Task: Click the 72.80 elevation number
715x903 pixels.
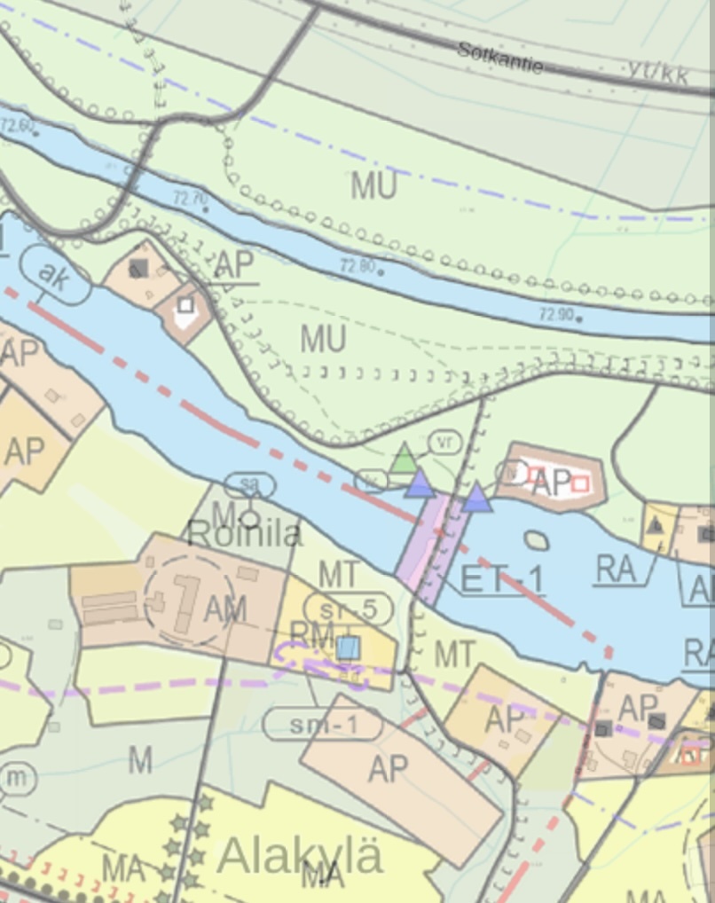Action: [x=357, y=264]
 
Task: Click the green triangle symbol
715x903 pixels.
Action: [x=405, y=459]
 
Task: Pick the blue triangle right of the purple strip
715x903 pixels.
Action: [x=477, y=499]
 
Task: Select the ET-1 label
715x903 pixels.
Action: [x=502, y=580]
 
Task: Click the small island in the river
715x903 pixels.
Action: [x=537, y=539]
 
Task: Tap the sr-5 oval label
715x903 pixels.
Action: [x=348, y=609]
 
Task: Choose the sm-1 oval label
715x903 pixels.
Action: [x=323, y=725]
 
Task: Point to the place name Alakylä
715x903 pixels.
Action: [x=300, y=856]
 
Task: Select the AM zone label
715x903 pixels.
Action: [x=224, y=609]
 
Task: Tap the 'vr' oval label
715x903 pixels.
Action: [x=444, y=441]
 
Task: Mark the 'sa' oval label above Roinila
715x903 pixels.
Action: [x=249, y=485]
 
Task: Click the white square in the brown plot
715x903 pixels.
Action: [x=185, y=306]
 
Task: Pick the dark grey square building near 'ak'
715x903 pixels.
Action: [x=138, y=268]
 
